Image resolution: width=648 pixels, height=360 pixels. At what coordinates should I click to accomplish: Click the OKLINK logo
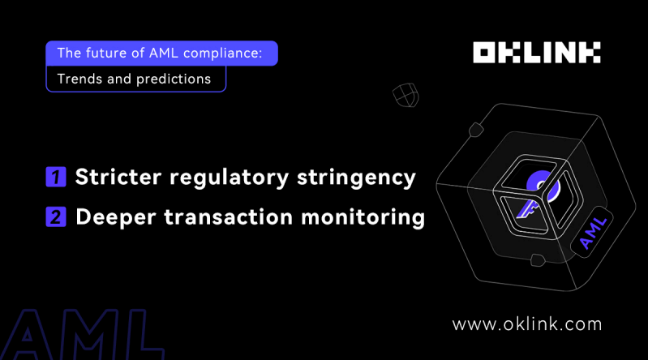[x=537, y=54]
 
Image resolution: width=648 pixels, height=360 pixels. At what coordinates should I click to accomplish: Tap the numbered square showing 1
[x=56, y=177]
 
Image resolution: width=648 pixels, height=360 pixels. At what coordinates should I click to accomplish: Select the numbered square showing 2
[x=56, y=217]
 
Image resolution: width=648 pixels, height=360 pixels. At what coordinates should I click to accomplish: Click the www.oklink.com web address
[x=527, y=324]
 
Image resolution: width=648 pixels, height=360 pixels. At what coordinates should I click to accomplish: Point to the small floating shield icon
[x=405, y=95]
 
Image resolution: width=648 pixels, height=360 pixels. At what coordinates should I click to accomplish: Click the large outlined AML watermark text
[x=77, y=336]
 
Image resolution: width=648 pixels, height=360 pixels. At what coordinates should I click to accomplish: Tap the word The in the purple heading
[x=69, y=54]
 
